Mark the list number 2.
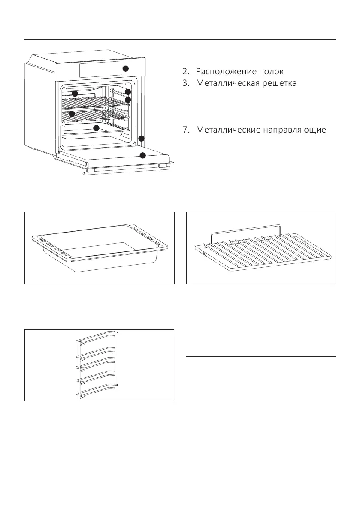pos(185,71)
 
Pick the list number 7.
pos(185,130)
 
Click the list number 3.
pos(185,83)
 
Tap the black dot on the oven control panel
pos(126,69)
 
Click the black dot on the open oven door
pos(143,155)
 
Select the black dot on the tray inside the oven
pos(96,128)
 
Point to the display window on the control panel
pos(99,70)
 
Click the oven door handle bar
pos(127,173)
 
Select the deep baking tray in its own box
pos(99,249)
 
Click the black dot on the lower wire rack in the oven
pos(72,114)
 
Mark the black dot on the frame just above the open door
pos(141,138)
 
